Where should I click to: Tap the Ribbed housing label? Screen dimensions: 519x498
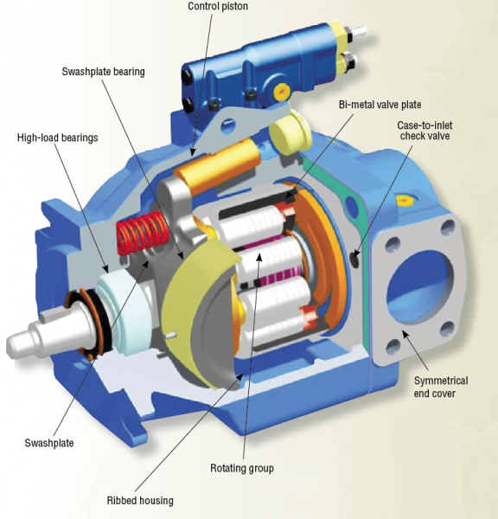click(139, 500)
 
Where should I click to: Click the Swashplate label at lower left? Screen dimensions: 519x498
click(49, 443)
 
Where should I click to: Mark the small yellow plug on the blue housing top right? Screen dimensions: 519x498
click(403, 199)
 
